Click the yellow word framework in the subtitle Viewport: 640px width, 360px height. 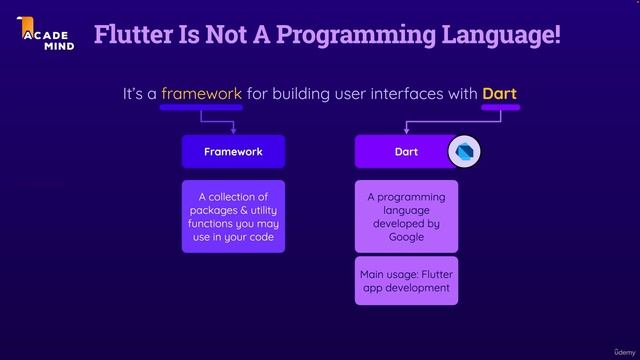[202, 94]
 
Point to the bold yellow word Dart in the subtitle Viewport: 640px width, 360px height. [499, 94]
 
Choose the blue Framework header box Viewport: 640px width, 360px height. [233, 152]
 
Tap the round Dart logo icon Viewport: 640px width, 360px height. [464, 151]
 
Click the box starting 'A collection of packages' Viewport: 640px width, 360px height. [233, 217]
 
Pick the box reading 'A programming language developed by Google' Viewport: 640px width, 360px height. [406, 217]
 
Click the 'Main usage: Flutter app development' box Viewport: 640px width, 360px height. [406, 281]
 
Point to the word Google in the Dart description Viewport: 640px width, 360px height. [406, 238]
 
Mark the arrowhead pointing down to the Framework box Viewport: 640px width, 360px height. [233, 130]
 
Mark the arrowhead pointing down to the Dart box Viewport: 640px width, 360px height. [406, 130]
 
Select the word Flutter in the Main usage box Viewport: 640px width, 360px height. [438, 274]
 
